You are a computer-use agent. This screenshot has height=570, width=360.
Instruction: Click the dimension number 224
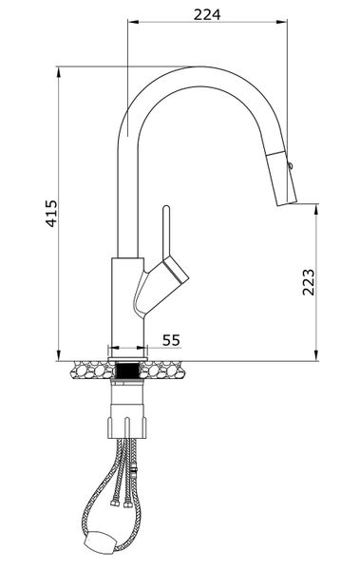[x=206, y=13]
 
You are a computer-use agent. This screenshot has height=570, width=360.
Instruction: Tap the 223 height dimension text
[x=308, y=282]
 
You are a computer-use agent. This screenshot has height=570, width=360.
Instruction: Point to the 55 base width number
[x=172, y=339]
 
